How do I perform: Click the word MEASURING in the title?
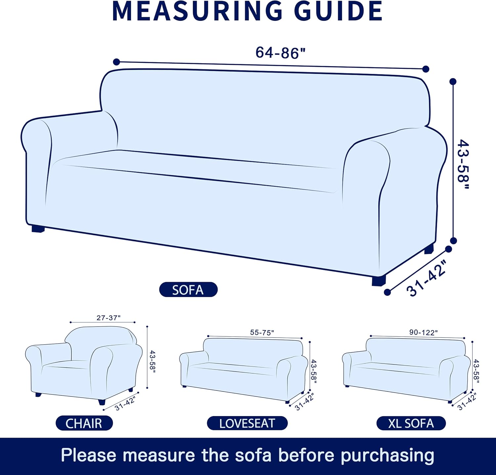point(197,12)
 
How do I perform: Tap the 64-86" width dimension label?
point(281,52)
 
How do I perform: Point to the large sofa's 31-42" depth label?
point(427,278)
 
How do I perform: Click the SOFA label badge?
point(188,290)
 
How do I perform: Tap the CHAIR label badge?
point(84,423)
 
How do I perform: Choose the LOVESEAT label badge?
point(247,423)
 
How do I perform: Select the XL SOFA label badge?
point(411,423)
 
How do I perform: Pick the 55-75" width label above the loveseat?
point(262,332)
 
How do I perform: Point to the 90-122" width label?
point(423,332)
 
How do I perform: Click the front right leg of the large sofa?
point(379,281)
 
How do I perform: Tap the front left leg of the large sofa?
point(38,229)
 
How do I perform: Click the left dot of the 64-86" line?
point(116,62)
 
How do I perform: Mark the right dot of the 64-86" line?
point(426,69)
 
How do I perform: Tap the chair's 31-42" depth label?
point(125,403)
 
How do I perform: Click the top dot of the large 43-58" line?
point(453,81)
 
